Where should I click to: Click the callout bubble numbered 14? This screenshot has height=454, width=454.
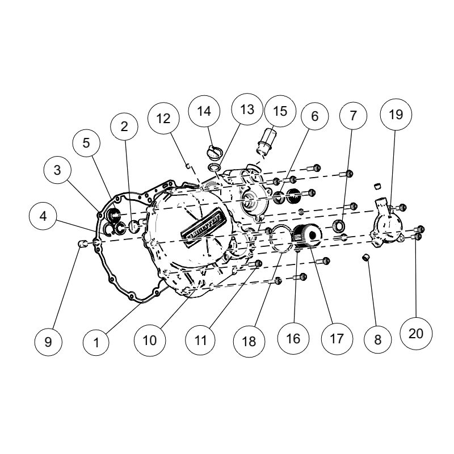(x=204, y=111)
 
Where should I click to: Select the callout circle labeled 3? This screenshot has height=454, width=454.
(x=57, y=170)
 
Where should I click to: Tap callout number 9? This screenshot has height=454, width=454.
(x=48, y=342)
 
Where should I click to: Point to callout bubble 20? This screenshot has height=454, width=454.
(x=416, y=334)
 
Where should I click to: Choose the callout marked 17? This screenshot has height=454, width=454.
(x=337, y=339)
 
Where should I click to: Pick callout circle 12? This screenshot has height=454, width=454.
(x=163, y=118)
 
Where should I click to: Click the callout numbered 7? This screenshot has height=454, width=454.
(x=353, y=116)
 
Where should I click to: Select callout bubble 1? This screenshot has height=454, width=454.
(x=96, y=343)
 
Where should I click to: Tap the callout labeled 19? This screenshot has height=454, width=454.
(x=396, y=115)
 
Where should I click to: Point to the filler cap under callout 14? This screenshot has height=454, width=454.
(x=215, y=153)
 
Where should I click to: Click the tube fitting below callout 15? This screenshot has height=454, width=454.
(x=266, y=141)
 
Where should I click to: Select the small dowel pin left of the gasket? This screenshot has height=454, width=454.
(x=82, y=243)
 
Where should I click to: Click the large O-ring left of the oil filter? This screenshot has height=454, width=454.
(x=280, y=238)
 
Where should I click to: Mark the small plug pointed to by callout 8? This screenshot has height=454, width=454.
(x=367, y=257)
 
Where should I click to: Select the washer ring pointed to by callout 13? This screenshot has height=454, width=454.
(x=214, y=167)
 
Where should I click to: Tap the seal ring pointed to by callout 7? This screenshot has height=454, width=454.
(x=339, y=226)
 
